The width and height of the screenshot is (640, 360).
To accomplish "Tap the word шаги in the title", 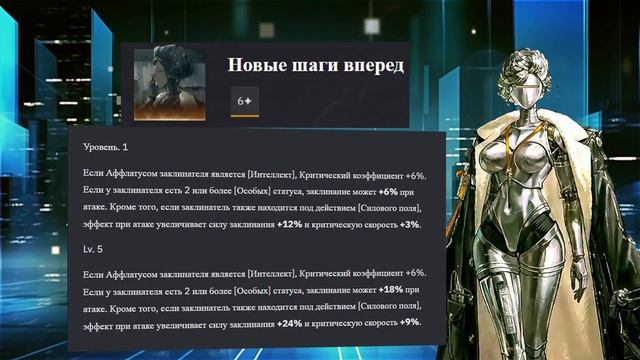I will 317,66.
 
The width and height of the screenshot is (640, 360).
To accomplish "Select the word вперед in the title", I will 374,66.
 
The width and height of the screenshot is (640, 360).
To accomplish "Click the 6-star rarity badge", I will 244,101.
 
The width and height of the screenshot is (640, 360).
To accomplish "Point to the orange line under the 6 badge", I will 244,115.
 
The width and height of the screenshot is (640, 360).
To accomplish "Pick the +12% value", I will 290,224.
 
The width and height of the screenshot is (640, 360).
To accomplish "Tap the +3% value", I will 410,224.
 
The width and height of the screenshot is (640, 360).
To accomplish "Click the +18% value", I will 394,290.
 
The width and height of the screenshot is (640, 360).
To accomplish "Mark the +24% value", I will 290,322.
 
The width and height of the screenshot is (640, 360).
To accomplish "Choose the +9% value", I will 410,322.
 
